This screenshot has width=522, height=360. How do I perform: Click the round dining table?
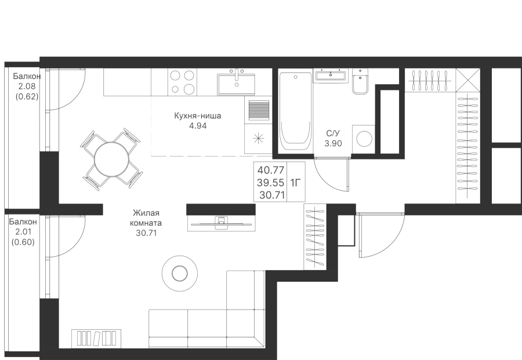(111, 159)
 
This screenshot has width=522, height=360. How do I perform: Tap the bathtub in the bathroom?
(295, 112)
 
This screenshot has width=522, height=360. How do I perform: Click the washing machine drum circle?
(364, 139)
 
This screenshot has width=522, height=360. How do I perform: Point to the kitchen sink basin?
(237, 84)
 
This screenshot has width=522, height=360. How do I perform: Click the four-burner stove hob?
(182, 82)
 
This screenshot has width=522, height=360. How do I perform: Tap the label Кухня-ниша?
(197, 116)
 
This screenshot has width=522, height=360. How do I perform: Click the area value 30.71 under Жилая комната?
(146, 233)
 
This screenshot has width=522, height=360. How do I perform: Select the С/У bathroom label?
(333, 133)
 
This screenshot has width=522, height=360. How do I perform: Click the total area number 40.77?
(271, 170)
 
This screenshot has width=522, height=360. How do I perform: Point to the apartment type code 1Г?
(296, 183)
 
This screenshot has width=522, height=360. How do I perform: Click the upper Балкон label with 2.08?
(27, 76)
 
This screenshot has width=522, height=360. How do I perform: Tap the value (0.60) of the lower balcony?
(23, 242)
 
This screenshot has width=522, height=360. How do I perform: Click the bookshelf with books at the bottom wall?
(96, 339)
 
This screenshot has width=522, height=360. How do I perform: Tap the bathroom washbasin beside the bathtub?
(331, 75)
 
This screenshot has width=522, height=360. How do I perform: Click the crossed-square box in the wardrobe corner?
(467, 80)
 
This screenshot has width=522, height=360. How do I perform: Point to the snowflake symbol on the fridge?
(258, 139)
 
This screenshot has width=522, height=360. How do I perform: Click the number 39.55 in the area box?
(271, 183)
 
